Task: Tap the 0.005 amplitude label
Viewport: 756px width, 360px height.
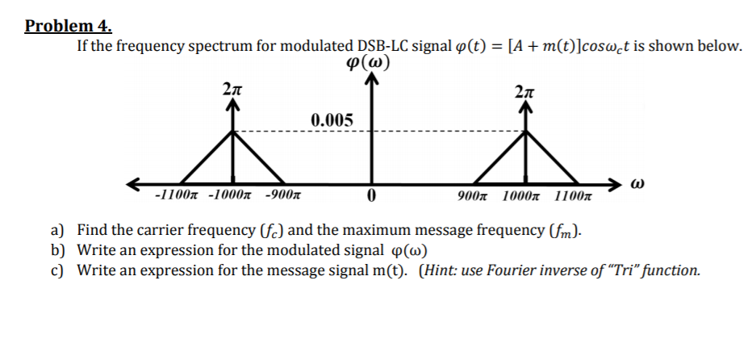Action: [332, 120]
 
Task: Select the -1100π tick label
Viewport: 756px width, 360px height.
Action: [177, 195]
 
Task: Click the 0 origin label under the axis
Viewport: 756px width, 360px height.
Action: [371, 196]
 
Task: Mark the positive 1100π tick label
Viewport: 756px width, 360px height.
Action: [574, 196]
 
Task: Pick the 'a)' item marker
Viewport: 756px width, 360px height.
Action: [59, 230]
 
